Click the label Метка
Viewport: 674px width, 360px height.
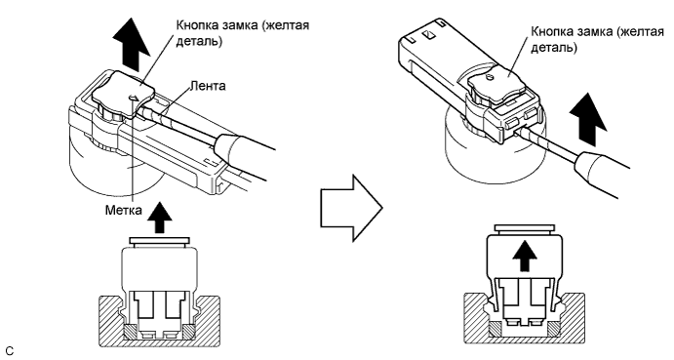click(x=123, y=210)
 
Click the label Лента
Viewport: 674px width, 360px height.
click(x=208, y=86)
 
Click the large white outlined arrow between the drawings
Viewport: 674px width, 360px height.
click(x=351, y=208)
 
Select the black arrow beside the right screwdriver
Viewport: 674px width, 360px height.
click(x=587, y=121)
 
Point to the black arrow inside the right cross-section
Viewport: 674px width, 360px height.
click(x=525, y=256)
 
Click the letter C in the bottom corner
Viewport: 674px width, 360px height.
click(x=10, y=351)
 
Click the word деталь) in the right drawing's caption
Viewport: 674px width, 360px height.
click(x=554, y=47)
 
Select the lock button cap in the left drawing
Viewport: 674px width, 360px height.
click(x=122, y=92)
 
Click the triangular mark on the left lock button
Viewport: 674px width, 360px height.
click(x=134, y=100)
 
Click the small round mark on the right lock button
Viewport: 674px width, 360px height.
click(x=490, y=78)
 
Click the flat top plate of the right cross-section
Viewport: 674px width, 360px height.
click(x=525, y=229)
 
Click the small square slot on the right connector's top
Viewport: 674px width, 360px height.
click(x=427, y=34)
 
